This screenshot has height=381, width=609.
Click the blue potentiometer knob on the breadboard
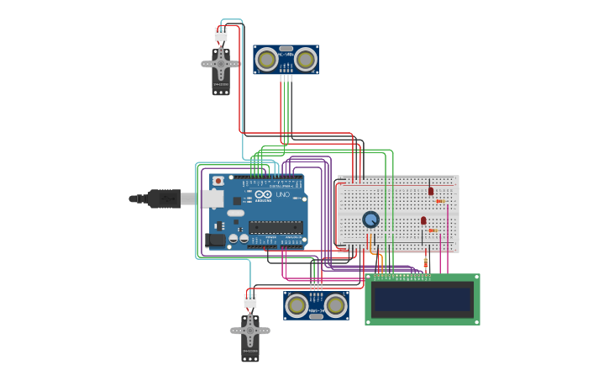pos(370,219)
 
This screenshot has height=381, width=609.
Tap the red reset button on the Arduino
pos(218,180)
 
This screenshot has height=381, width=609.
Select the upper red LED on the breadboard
pos(431,191)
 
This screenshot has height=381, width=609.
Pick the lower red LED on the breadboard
pos(423,220)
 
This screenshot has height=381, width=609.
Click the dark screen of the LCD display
pos(423,299)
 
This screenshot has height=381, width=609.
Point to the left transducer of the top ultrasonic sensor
pos(267,60)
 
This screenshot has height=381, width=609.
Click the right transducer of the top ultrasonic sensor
pos(305,60)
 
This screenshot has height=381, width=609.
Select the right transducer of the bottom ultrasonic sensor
pos(335,305)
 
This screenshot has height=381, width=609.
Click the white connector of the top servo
pos(221,34)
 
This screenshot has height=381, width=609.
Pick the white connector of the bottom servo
pos(250,300)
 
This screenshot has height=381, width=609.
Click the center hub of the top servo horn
pos(221,63)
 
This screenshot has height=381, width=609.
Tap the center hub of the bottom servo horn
pos(250,330)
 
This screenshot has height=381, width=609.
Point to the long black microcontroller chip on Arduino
pos(276,226)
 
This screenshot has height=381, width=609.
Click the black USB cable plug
pos(164,198)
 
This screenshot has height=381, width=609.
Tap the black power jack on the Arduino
pos(215,240)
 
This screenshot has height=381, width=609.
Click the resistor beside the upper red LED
pos(439,201)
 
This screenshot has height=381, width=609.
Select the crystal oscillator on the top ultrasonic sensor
pos(286,49)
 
